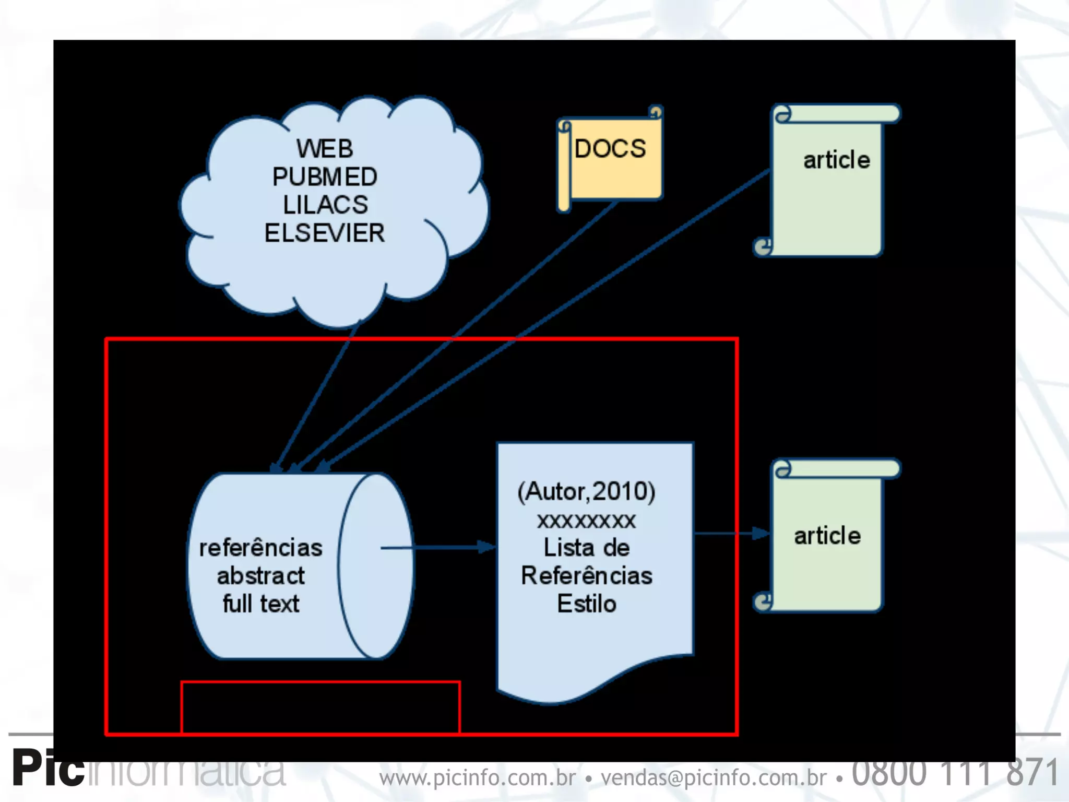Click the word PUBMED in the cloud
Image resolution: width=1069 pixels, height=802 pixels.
[325, 177]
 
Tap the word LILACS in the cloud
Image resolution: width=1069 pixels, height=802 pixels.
[325, 205]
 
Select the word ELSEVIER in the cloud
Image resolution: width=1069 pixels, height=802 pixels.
[324, 233]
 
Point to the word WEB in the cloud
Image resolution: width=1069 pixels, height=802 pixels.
[325, 149]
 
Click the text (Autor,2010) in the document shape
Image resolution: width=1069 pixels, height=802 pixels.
[586, 491]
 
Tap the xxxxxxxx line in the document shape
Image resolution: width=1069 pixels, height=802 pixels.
[586, 521]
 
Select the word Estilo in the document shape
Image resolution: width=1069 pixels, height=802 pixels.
[586, 604]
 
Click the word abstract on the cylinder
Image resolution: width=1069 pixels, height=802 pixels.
[260, 576]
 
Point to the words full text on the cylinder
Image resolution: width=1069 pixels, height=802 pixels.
[261, 604]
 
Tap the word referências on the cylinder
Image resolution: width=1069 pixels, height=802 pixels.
[260, 548]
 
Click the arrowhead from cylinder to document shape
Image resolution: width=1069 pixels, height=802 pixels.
[486, 547]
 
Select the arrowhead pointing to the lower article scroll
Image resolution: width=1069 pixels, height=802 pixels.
[761, 533]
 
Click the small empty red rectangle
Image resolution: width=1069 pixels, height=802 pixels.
[320, 707]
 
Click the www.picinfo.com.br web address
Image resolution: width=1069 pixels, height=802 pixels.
[477, 777]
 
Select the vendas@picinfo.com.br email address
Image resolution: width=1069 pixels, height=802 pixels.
[714, 777]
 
